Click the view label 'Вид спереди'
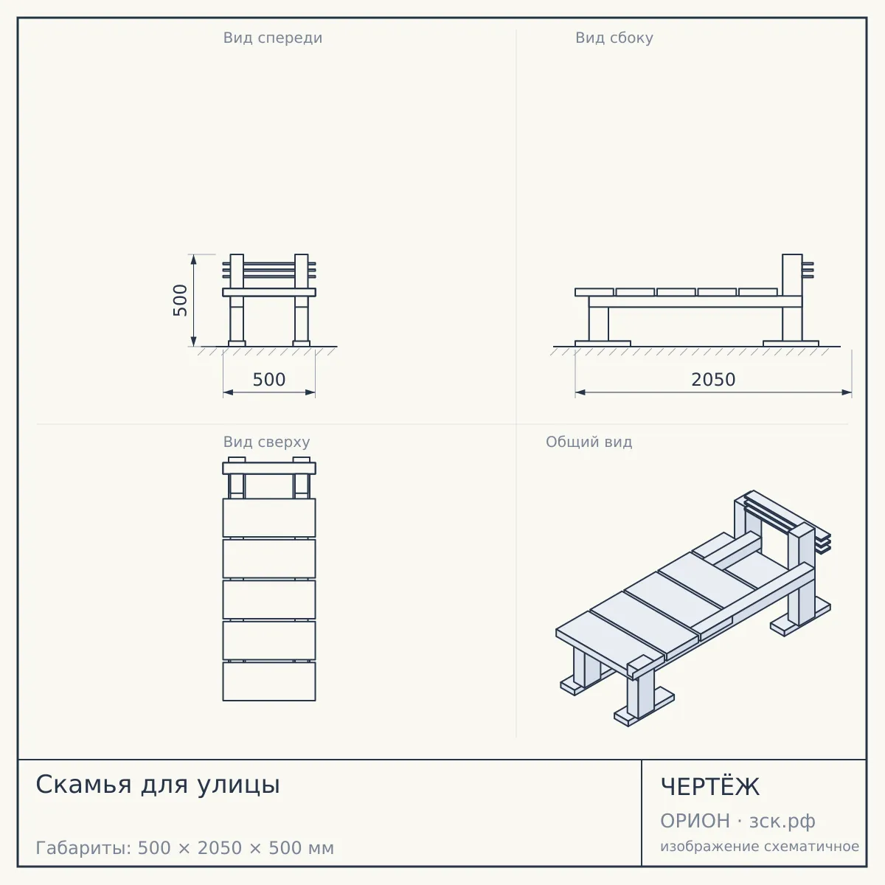click(x=273, y=38)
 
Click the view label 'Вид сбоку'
click(x=614, y=38)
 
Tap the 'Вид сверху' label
click(x=266, y=442)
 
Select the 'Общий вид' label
click(x=589, y=442)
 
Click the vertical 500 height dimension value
click(x=180, y=300)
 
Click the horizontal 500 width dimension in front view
click(x=269, y=379)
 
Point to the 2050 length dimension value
click(x=713, y=379)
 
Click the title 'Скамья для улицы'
click(x=158, y=785)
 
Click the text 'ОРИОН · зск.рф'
click(x=737, y=821)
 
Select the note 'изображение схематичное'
click(x=760, y=846)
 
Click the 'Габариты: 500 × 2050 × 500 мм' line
click(x=184, y=848)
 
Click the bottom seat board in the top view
click(x=269, y=681)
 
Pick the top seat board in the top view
click(x=269, y=518)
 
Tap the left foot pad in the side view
click(x=603, y=344)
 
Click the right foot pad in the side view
click(x=791, y=344)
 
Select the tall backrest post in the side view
click(x=792, y=298)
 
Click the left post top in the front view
click(x=237, y=256)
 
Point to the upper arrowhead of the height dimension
click(x=193, y=260)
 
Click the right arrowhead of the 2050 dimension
click(x=847, y=392)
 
